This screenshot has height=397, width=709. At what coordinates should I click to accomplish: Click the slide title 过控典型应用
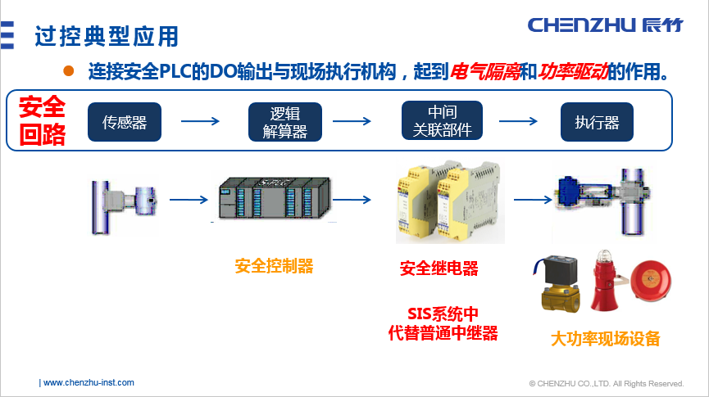[107, 36]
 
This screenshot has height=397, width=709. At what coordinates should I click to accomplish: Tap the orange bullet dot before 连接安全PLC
[69, 71]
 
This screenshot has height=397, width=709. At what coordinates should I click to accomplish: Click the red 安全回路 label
[43, 121]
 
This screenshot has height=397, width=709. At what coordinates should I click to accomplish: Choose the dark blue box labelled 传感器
[125, 122]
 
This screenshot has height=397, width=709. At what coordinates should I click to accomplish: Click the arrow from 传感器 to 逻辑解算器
[201, 122]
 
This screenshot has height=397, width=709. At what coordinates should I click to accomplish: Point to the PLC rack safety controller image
[275, 199]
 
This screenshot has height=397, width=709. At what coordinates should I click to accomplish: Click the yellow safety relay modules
[445, 204]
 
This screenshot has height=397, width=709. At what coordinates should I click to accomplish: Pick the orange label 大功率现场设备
[605, 338]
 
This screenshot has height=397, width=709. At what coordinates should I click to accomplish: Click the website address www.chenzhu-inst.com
[88, 382]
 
